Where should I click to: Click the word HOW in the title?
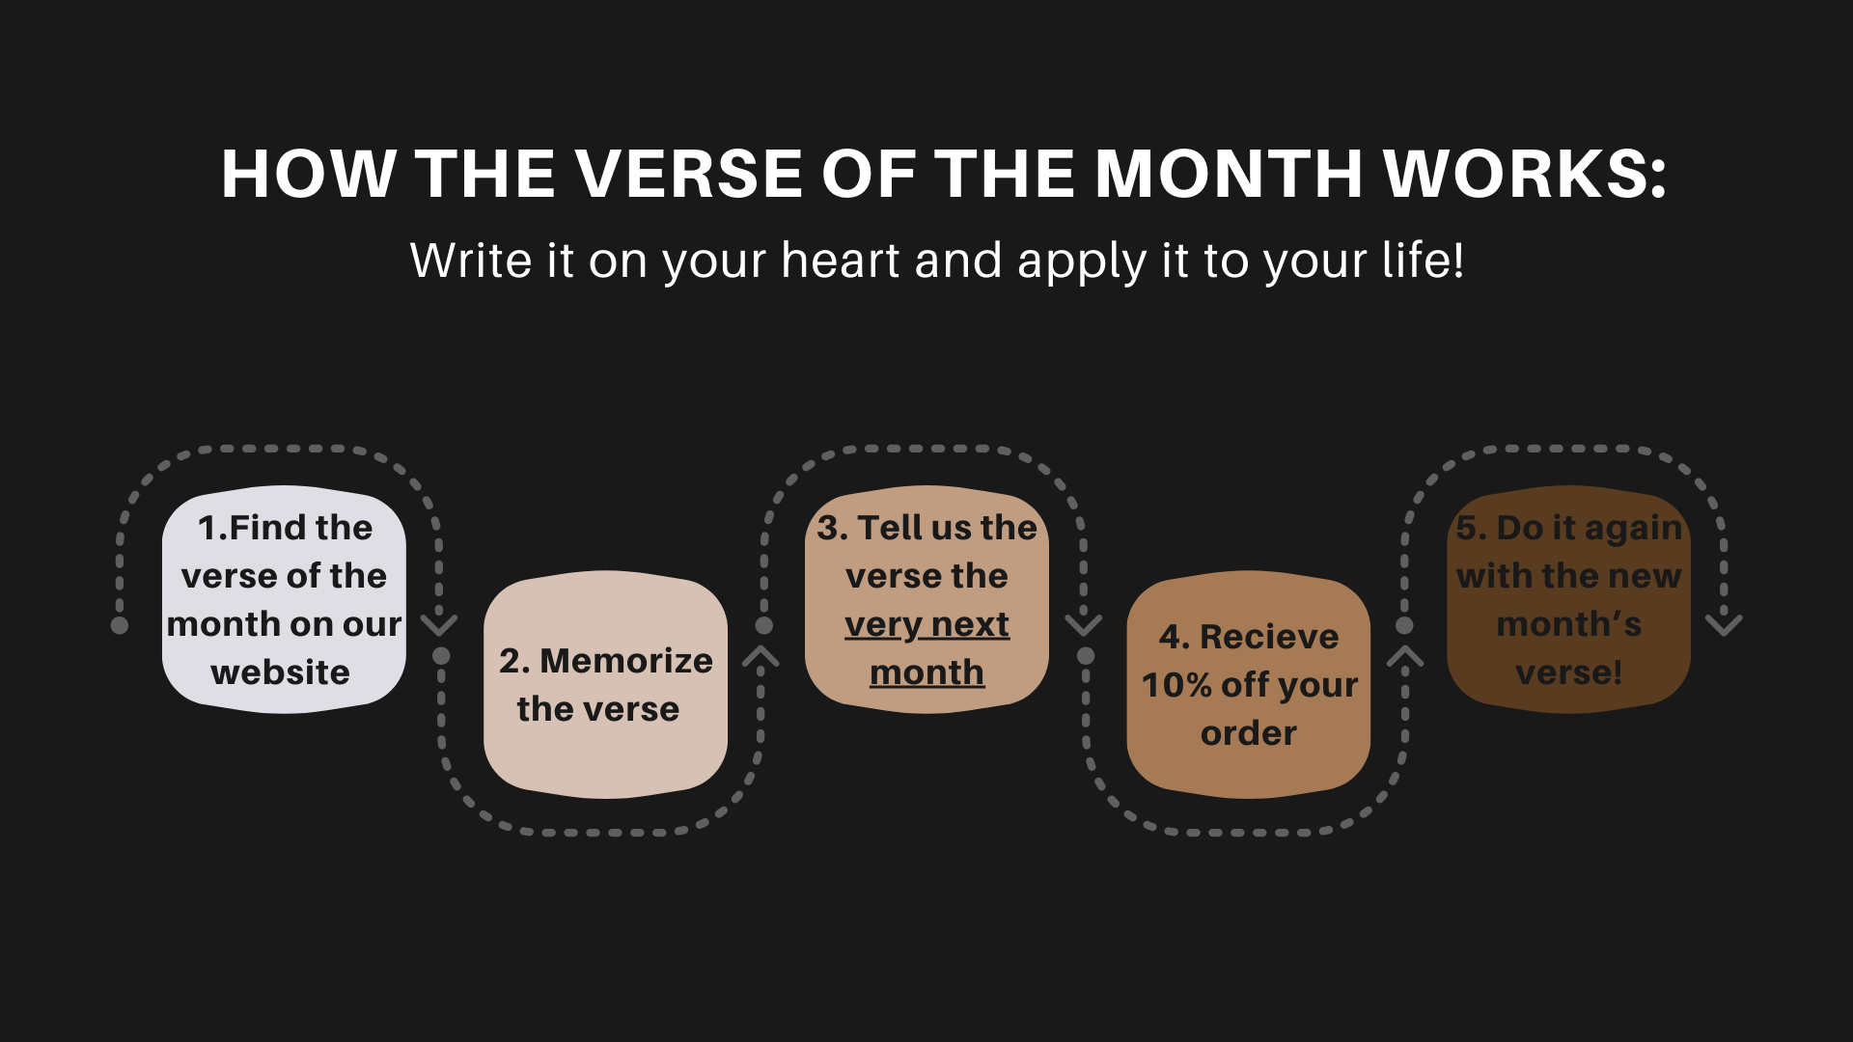[x=309, y=175]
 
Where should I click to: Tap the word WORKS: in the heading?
[x=1525, y=175]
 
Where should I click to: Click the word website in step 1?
[x=281, y=672]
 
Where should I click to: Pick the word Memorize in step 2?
[x=626, y=661]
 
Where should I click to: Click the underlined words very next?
[x=926, y=625]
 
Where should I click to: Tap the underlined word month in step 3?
[x=926, y=672]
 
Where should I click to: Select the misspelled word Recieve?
[x=1269, y=637]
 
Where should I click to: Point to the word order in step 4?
[x=1249, y=733]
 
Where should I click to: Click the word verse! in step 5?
[x=1569, y=672]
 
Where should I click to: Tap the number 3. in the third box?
[x=832, y=528]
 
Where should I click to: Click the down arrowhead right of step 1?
[x=439, y=624]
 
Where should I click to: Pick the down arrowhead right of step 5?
[x=1724, y=624]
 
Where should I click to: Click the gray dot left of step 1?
[x=120, y=625]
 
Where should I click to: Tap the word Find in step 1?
[x=265, y=528]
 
